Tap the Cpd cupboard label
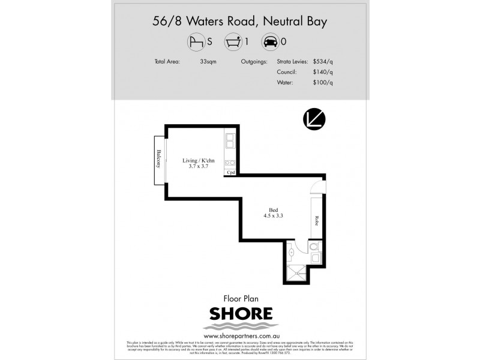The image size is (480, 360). [230, 173]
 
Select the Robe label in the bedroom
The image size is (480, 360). [316, 220]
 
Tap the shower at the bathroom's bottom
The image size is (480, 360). [295, 273]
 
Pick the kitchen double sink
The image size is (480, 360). [230, 143]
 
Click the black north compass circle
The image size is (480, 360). [314, 118]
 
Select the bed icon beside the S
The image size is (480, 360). [196, 43]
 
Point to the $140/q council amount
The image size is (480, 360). [322, 72]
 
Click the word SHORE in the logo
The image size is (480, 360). [240, 314]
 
